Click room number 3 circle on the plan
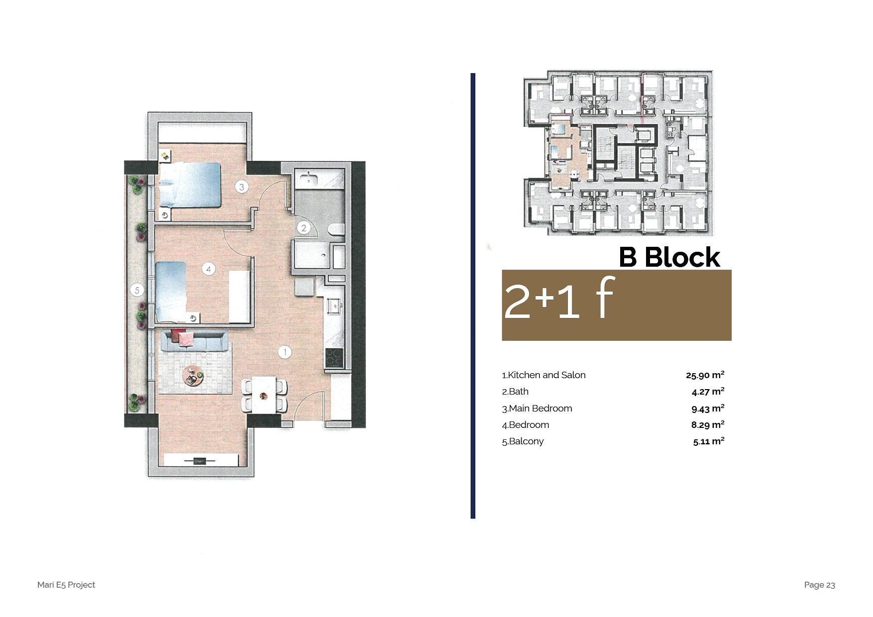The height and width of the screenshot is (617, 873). pyautogui.click(x=242, y=187)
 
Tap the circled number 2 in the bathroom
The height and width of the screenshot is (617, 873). pyautogui.click(x=304, y=228)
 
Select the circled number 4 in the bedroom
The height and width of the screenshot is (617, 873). pyautogui.click(x=209, y=269)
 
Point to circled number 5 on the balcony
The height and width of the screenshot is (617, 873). pyautogui.click(x=137, y=290)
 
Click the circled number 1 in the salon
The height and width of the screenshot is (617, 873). pyautogui.click(x=284, y=352)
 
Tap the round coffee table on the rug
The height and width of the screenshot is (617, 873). pyautogui.click(x=193, y=376)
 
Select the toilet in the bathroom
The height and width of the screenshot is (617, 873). pyautogui.click(x=336, y=229)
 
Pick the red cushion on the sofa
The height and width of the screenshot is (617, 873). pyautogui.click(x=178, y=335)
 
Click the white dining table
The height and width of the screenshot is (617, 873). pyautogui.click(x=264, y=395)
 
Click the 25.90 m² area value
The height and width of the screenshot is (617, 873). pyautogui.click(x=705, y=375)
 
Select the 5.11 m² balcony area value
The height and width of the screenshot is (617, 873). pyautogui.click(x=708, y=441)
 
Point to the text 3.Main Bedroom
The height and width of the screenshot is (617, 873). pyautogui.click(x=537, y=409)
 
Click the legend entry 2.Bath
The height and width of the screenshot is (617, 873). pyautogui.click(x=515, y=392)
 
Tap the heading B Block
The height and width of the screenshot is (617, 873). pyautogui.click(x=669, y=257)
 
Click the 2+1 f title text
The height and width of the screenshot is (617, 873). pyautogui.click(x=559, y=298)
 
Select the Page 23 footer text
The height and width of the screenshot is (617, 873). pyautogui.click(x=819, y=585)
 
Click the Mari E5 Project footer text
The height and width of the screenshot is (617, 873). pyautogui.click(x=66, y=585)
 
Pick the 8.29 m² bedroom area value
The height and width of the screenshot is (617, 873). pyautogui.click(x=708, y=425)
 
